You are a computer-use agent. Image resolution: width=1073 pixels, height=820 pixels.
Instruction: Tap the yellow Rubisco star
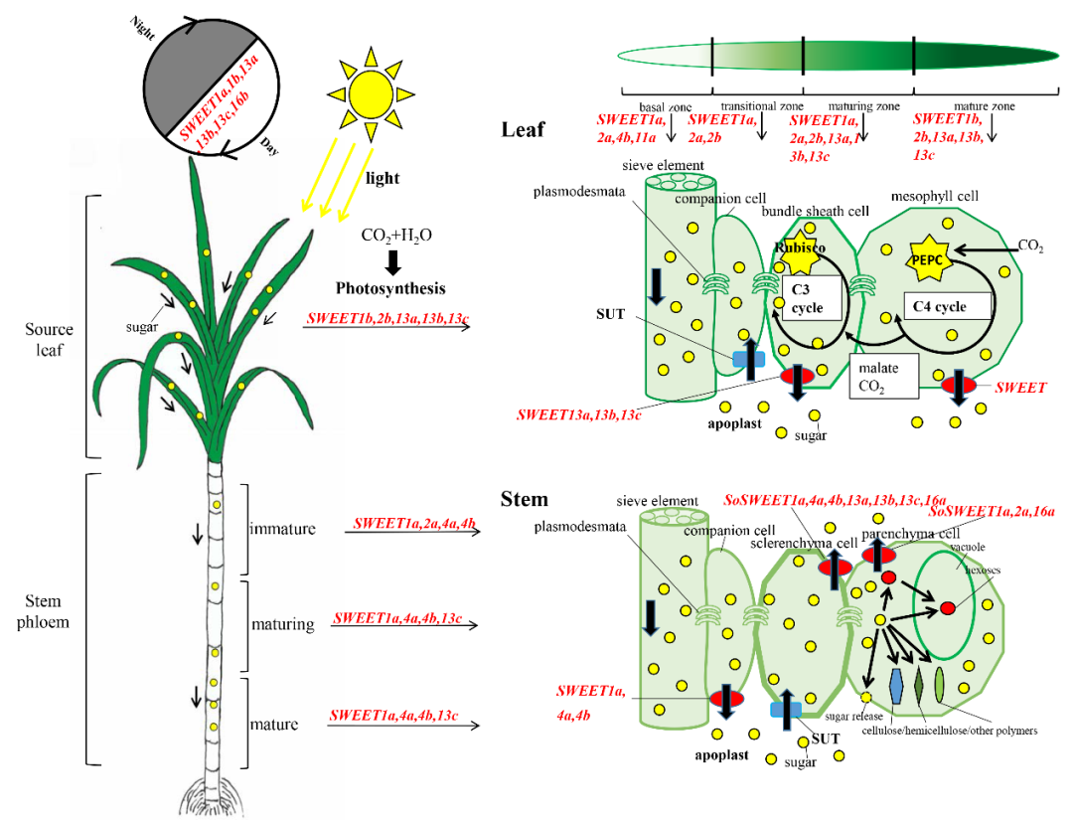[x=798, y=256]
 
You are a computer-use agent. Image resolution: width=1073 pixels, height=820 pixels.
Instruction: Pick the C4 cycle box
[x=948, y=306]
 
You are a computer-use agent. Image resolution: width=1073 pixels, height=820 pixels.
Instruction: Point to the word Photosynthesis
[x=389, y=289]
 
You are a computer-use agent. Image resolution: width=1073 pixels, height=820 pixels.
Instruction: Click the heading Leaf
[x=523, y=130]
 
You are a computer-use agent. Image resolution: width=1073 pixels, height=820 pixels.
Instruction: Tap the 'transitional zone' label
[x=761, y=106]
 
